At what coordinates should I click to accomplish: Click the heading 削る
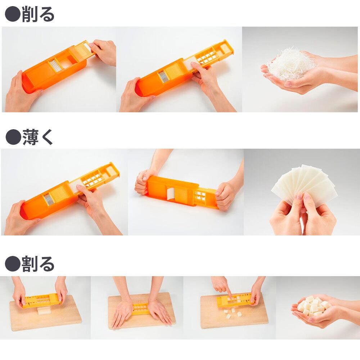38,14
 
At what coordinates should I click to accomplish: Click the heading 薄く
38,137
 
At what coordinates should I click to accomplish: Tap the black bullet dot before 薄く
13,137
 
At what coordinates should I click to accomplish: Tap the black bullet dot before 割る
13,264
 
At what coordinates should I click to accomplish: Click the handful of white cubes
313,306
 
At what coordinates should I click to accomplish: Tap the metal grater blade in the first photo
55,66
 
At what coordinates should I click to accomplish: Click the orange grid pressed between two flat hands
140,308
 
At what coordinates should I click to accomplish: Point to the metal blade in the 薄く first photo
49,199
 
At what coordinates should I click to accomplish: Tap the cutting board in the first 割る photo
45,314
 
